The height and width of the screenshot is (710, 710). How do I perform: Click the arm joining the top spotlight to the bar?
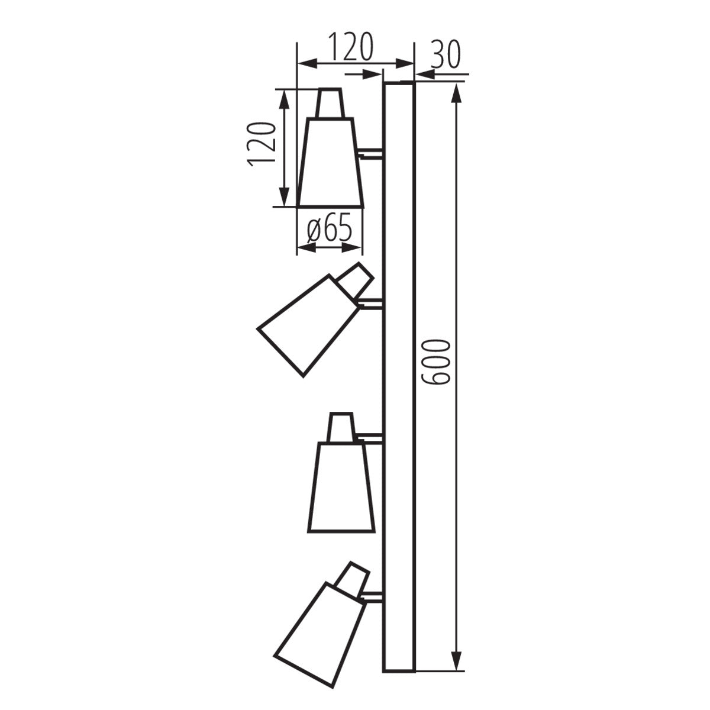[x=372, y=154]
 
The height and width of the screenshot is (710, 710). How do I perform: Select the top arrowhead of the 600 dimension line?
[x=456, y=95]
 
